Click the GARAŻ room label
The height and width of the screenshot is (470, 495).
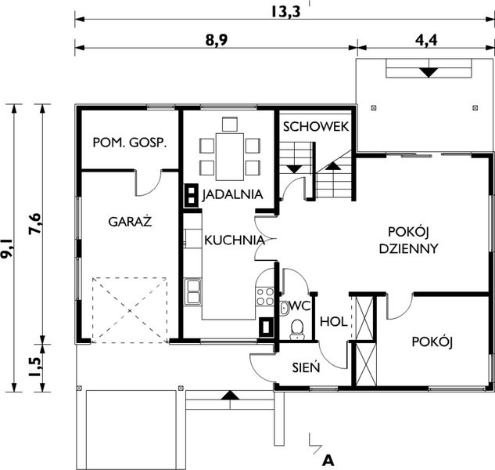coord(130,221)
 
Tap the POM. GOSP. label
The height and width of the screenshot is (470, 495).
coord(130,143)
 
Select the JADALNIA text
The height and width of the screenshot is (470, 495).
coord(231,194)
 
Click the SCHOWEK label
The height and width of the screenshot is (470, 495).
coord(315,127)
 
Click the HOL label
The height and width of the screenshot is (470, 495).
coord(334,320)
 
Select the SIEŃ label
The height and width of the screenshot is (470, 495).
coord(303,367)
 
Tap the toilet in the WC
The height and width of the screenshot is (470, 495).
coord(297,329)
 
